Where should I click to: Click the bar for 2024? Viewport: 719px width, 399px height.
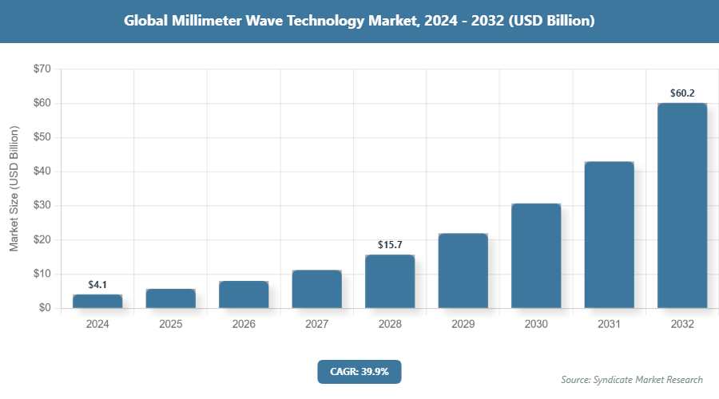tap(97, 301)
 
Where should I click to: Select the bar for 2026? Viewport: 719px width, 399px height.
tap(244, 294)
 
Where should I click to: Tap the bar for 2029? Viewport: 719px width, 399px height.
tap(463, 271)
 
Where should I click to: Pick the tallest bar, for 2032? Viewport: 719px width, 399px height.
tap(682, 205)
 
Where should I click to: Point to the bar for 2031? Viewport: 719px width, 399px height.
tap(609, 235)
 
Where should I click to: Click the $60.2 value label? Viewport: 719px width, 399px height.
tap(682, 93)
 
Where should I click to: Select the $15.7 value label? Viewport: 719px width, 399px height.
tap(390, 244)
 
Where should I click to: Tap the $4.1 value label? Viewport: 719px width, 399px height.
tap(97, 284)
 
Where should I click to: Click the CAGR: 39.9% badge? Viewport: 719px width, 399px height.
tap(359, 371)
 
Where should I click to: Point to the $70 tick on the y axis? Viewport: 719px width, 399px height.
tap(41, 69)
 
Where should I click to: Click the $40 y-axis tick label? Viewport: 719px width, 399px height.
tap(41, 172)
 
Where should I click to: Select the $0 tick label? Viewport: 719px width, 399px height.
tap(44, 308)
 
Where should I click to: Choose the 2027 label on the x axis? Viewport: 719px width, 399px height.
tap(316, 325)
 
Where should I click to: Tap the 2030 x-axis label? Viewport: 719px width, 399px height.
tap(536, 325)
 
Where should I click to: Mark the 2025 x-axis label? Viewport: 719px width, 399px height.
tap(170, 325)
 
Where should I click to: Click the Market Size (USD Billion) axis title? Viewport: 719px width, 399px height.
tap(14, 188)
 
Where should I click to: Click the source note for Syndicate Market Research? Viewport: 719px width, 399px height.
tap(632, 379)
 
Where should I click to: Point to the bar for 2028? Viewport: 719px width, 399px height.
tap(390, 281)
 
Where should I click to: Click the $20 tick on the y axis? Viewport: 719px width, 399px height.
tap(41, 239)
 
